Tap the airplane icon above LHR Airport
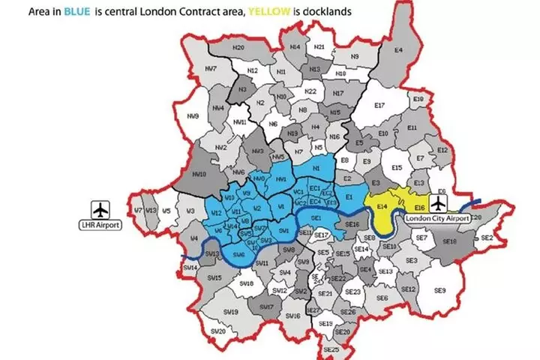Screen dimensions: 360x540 click(100, 208)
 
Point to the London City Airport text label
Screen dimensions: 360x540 click(436, 217)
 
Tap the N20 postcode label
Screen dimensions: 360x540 click(238, 47)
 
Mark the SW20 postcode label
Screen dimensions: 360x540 click(218, 331)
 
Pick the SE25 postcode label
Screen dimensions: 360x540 click(331, 349)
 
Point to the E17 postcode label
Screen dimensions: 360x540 click(379, 105)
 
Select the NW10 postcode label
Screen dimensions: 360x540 click(199, 174)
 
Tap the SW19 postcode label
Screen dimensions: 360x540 click(231, 311)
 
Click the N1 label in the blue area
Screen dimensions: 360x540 click(316, 169)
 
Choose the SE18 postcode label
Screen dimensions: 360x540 click(449, 241)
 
